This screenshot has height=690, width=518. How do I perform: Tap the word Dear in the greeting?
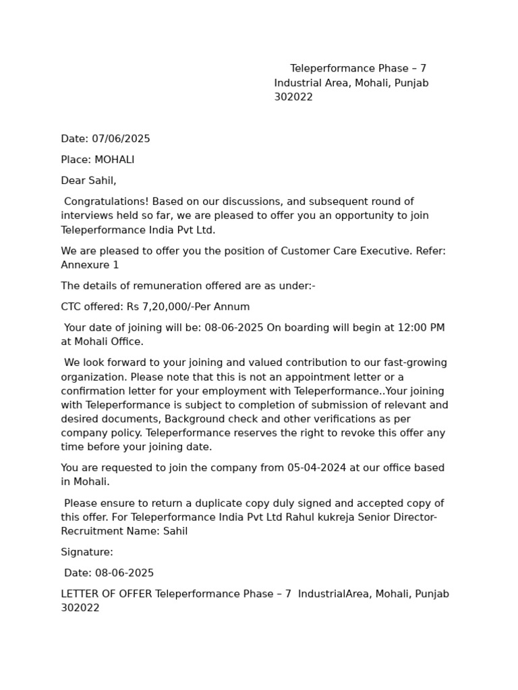click(74, 181)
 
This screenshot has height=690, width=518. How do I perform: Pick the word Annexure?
click(84, 265)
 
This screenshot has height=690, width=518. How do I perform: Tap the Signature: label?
click(87, 552)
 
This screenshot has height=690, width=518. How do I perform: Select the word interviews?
click(87, 216)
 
